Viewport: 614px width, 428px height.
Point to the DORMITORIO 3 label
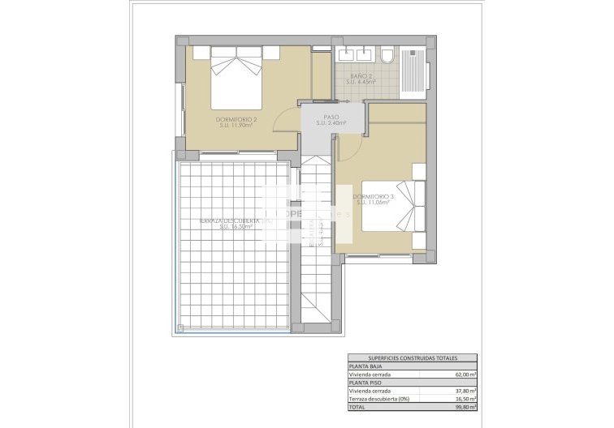coord(373,197)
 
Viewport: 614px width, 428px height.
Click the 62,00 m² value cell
coord(464,375)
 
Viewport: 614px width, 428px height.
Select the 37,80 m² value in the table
coord(464,390)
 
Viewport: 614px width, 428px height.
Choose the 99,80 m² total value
coord(464,405)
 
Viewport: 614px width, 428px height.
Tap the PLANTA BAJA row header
coord(365,367)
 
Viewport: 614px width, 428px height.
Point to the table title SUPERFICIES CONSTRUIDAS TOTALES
coord(412,357)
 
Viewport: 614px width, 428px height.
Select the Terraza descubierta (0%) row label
coord(380,398)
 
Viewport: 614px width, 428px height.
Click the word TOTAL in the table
coord(357,405)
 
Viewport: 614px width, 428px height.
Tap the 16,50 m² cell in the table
coord(464,398)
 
